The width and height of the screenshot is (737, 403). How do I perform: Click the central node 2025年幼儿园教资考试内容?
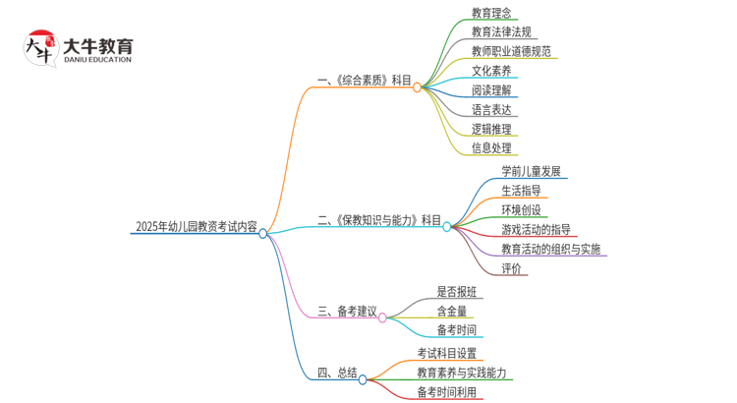click(x=196, y=227)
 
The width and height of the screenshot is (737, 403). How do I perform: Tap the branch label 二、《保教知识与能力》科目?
click(x=379, y=220)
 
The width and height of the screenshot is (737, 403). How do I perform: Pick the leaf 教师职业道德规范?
click(x=511, y=51)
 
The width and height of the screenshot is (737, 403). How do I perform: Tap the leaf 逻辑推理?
click(x=491, y=129)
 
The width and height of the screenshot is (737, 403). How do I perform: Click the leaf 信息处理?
click(x=491, y=148)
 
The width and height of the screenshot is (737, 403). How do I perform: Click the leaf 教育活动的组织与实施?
click(x=550, y=249)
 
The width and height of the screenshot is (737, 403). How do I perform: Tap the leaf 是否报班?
click(x=457, y=291)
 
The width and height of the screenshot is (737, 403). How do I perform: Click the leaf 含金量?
click(x=452, y=311)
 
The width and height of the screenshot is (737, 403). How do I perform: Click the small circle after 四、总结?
click(x=364, y=378)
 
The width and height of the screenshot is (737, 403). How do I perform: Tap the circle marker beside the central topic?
click(x=263, y=233)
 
